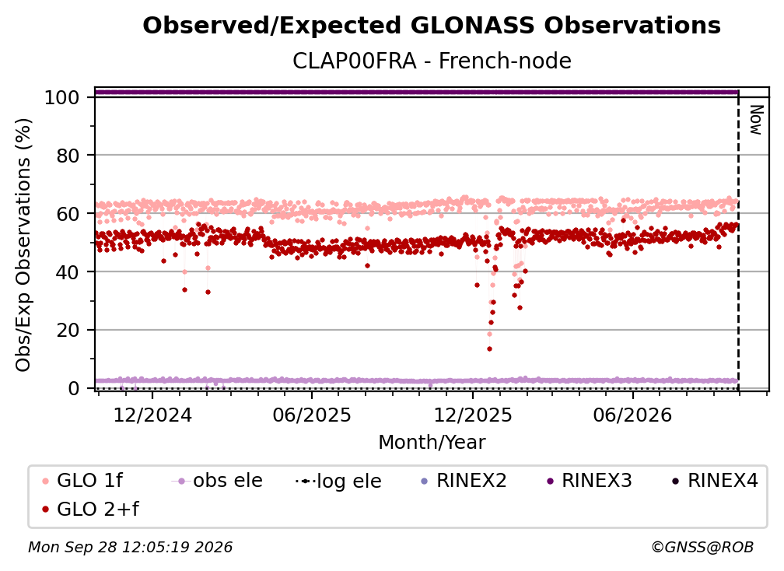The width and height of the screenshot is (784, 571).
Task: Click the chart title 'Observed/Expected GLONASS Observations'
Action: click(432, 26)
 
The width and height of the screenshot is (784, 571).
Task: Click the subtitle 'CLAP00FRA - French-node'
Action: click(432, 61)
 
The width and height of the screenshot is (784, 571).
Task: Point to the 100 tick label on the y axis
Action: click(62, 97)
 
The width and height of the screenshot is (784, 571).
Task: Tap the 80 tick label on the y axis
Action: click(68, 156)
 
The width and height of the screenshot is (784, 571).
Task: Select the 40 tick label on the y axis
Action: click(68, 272)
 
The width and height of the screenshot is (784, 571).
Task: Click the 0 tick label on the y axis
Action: click(74, 388)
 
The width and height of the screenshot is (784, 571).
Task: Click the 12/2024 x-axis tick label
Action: click(152, 415)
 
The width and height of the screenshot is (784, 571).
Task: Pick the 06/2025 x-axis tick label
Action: click(312, 415)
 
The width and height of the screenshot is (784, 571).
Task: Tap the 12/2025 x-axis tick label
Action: click(473, 415)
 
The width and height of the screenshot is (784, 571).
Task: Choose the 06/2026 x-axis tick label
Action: click(632, 415)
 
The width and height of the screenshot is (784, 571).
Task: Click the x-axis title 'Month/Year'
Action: click(432, 443)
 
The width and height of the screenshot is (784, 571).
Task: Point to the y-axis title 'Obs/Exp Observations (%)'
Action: click(23, 244)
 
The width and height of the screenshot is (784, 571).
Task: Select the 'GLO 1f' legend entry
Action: click(82, 481)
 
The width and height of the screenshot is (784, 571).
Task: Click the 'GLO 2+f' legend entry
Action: click(90, 509)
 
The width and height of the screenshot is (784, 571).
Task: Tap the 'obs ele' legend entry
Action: click(217, 481)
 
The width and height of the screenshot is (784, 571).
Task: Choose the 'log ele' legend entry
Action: click(338, 482)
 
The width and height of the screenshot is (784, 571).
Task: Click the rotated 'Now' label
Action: click(756, 120)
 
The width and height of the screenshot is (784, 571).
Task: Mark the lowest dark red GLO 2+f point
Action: click(489, 349)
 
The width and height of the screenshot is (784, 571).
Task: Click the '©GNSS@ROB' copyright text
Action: click(702, 547)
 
